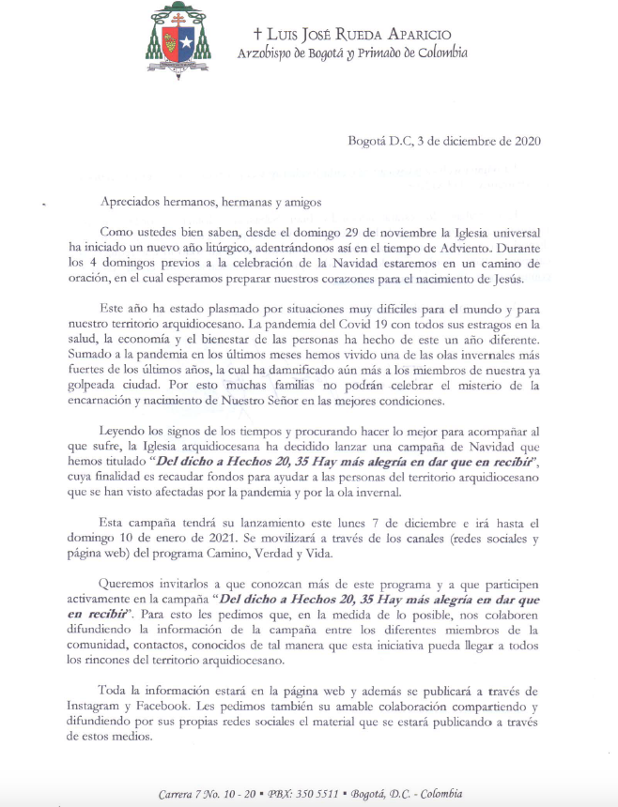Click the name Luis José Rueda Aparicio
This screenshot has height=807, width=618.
[357, 34]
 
